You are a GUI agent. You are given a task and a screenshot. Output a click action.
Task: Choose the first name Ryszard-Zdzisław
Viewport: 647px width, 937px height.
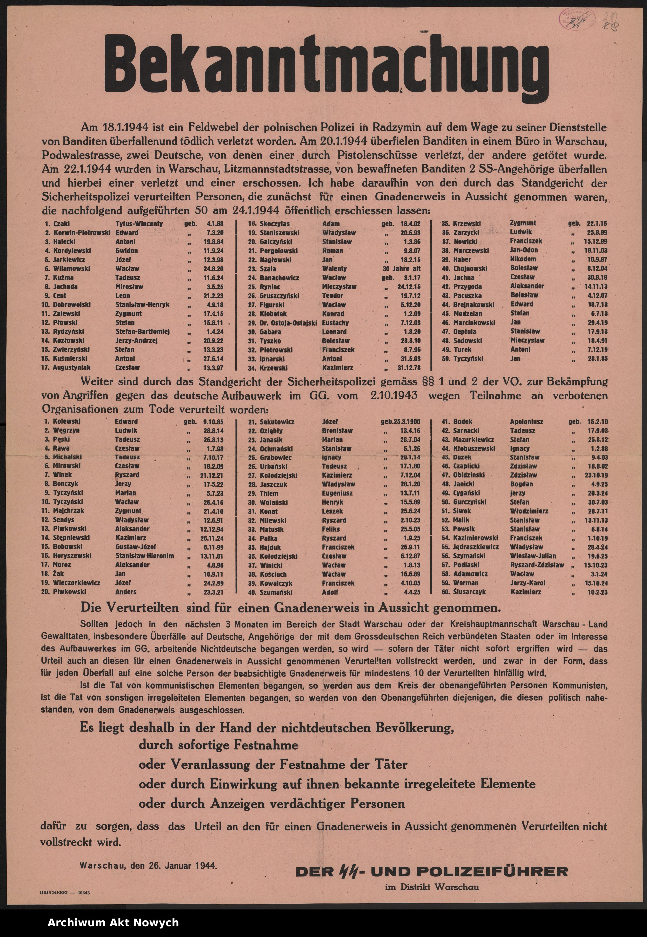(537, 565)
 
